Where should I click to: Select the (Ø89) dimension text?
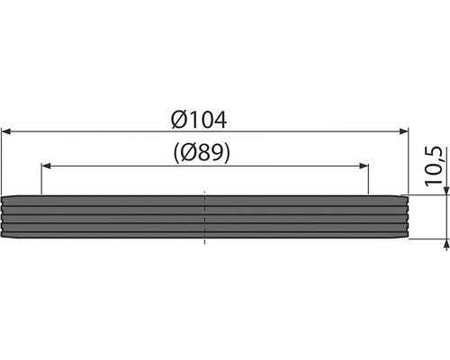[205, 153]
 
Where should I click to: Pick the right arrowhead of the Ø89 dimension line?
[364, 166]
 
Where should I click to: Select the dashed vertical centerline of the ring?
[205, 217]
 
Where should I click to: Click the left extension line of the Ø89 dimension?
[41, 180]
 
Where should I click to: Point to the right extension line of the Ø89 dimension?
[370, 180]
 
